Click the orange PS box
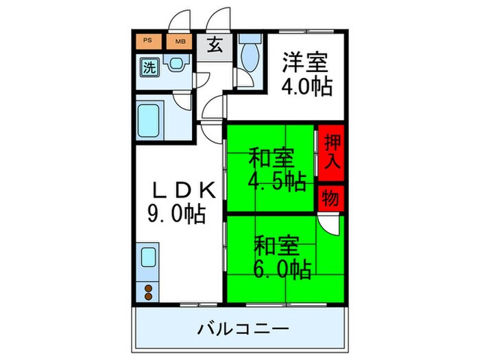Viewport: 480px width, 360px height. pos(148,41)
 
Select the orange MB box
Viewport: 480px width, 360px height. pos(180,41)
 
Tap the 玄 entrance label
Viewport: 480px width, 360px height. pos(215,47)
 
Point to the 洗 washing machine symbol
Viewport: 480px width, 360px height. pos(149,67)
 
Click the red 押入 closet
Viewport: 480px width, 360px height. pos(331,152)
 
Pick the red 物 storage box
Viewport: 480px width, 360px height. pos(331,198)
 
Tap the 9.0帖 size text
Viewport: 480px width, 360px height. pos(177,215)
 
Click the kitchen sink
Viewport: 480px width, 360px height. pos(149,259)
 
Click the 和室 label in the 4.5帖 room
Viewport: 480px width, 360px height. pos(272,158)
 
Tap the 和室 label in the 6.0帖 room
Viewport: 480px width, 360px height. pos(277,243)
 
